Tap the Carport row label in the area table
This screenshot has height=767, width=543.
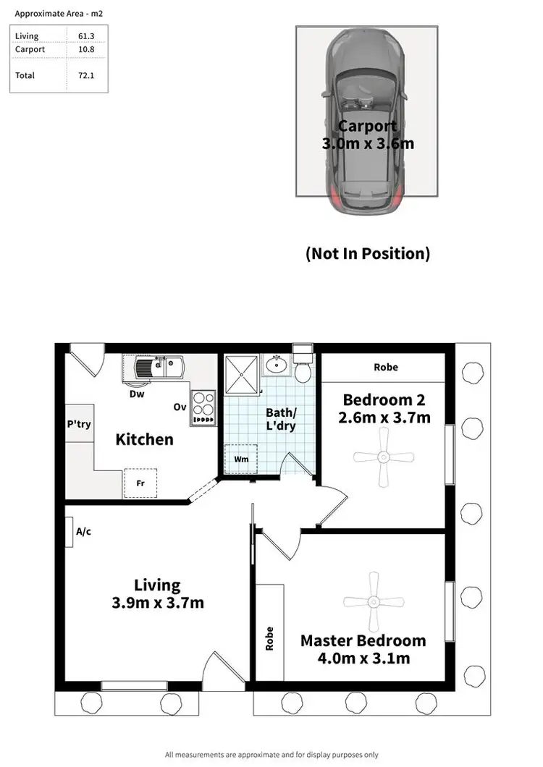point(30,49)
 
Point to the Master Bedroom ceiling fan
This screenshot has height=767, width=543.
point(373,601)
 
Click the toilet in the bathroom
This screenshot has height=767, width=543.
point(303,368)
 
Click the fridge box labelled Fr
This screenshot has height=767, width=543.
point(140,483)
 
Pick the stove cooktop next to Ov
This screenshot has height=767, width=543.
point(203,407)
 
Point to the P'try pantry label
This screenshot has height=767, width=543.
point(78,424)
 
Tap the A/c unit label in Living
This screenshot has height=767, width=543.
point(83,532)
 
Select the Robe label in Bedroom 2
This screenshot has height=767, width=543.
point(386,367)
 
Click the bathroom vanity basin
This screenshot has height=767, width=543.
point(276,365)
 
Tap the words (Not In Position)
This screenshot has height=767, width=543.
point(368,253)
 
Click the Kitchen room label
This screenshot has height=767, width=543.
point(145,439)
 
